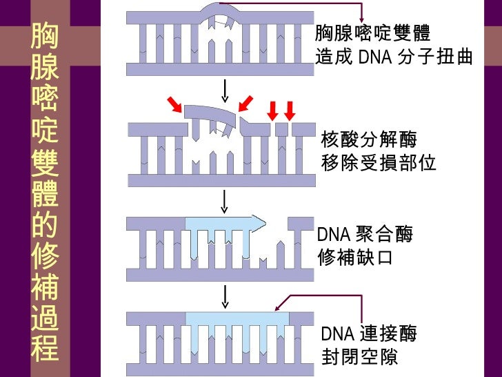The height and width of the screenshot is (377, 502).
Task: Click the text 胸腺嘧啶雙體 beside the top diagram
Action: click(372, 32)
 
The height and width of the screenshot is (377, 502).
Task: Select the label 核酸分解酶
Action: click(369, 139)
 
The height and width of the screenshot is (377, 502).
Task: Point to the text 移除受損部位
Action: click(379, 163)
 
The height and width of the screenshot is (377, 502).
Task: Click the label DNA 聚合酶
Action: click(365, 234)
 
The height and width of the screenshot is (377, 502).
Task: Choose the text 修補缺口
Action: click(355, 257)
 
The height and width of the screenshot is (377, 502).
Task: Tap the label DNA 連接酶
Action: click(369, 333)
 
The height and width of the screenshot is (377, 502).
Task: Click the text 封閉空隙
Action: click(359, 357)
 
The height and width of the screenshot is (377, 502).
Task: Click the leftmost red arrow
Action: click(175, 105)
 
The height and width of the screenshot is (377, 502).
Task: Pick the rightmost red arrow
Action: click(290, 111)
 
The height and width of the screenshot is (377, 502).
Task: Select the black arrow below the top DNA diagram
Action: click(225, 91)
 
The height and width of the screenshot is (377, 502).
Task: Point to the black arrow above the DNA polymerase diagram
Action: click(224, 202)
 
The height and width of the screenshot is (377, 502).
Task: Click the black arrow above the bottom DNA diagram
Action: click(225, 297)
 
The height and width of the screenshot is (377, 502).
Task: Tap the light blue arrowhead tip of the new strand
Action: click(265, 223)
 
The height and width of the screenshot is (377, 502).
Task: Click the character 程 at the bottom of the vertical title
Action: click(45, 348)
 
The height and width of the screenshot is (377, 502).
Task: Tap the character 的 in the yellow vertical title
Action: click(45, 223)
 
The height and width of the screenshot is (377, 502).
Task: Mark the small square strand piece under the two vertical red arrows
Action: click(281, 130)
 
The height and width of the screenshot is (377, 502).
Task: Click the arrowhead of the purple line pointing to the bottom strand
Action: click(277, 309)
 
